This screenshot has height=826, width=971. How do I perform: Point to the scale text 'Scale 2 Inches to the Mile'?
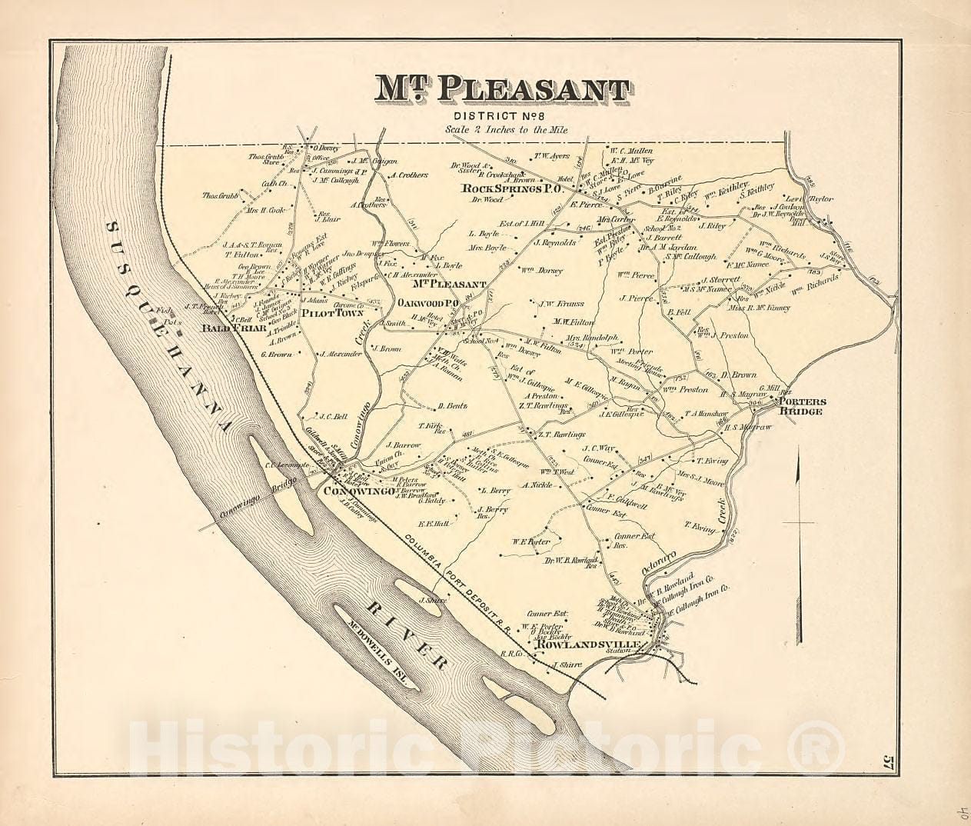(507, 131)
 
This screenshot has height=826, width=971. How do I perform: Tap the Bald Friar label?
(234, 328)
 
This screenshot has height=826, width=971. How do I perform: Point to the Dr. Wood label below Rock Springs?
(489, 200)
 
